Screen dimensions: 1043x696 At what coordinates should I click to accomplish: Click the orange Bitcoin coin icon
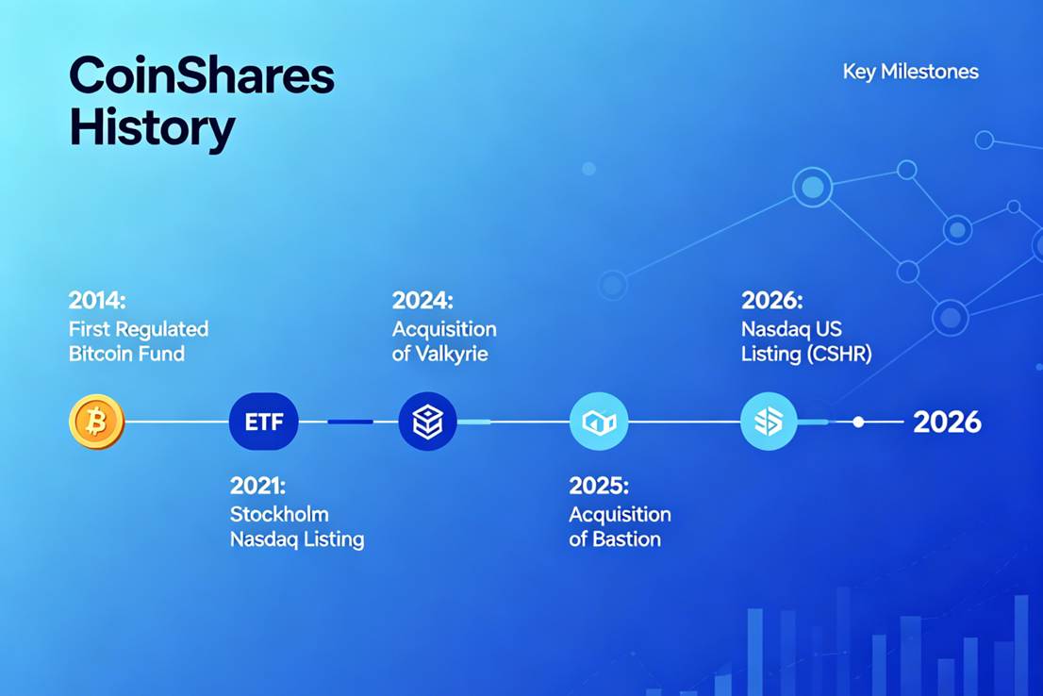coord(96,422)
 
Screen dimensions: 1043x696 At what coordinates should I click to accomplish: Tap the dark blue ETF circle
coord(263,422)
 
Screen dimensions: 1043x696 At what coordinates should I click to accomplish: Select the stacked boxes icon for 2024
coord(428,422)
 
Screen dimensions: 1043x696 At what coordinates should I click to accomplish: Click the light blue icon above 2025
coord(599,422)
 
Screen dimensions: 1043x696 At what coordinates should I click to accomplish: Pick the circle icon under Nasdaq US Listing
coord(769,422)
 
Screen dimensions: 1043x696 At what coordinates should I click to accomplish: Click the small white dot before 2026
coord(859,422)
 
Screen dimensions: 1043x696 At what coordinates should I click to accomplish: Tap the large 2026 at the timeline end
coord(947,423)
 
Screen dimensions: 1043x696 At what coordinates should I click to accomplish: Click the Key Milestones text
coord(911,72)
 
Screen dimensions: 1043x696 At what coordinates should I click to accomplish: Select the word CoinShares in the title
coord(202,75)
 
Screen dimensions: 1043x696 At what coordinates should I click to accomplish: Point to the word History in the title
coord(153,127)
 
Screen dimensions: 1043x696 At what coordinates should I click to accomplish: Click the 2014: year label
coord(97,300)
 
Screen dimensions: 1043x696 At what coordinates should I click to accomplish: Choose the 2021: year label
coord(257,485)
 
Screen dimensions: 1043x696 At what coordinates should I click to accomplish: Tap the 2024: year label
coord(422,300)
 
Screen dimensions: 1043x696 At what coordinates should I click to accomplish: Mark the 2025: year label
coord(599,485)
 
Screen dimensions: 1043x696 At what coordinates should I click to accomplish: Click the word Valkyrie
coord(452,354)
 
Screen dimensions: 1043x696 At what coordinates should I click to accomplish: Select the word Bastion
coord(626,539)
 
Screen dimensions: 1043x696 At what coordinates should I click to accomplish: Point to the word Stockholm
coord(279,514)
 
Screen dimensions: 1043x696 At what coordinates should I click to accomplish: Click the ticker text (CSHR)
coord(839,354)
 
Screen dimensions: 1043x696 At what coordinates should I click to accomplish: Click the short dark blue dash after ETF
coord(351,422)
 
